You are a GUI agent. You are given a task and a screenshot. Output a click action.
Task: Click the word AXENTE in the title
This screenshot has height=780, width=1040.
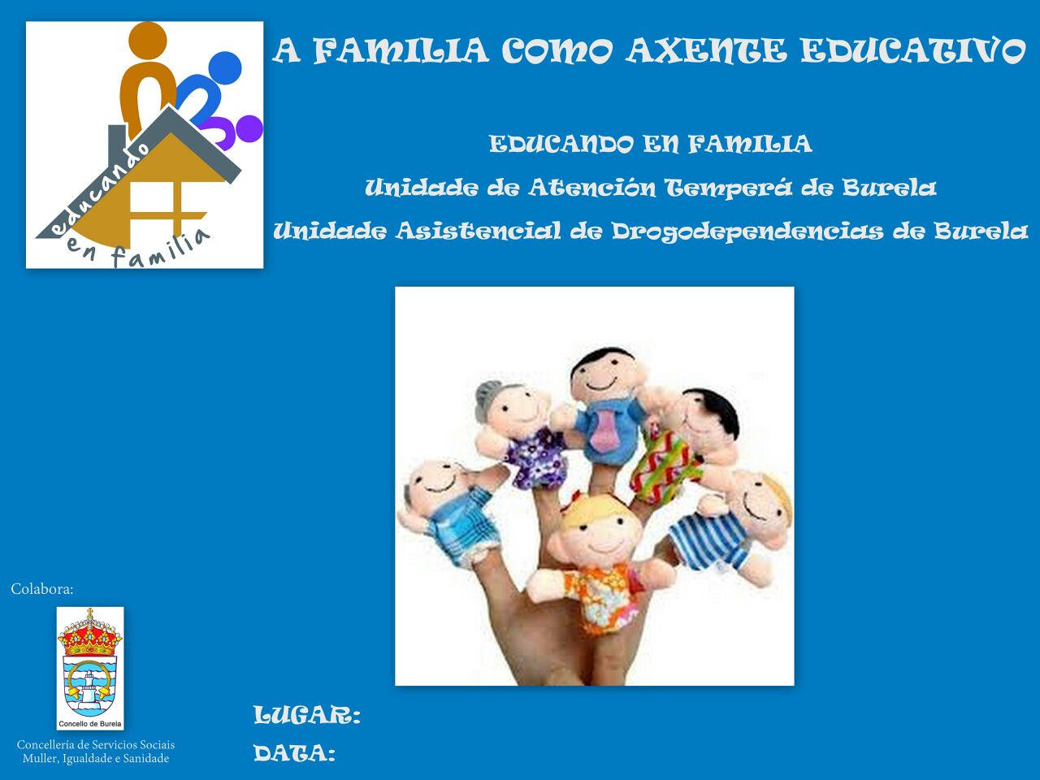pos(707,50)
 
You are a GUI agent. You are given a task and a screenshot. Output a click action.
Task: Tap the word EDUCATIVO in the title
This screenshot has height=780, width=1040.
pos(913,50)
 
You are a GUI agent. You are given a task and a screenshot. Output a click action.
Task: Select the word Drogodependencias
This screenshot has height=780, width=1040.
pos(747,232)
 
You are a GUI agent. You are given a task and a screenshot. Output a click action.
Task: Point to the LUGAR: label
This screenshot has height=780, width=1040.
pos(307,715)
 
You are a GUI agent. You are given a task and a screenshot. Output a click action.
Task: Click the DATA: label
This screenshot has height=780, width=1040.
pos(294,753)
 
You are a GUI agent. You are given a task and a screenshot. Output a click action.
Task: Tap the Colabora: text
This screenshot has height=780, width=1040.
pos(42,589)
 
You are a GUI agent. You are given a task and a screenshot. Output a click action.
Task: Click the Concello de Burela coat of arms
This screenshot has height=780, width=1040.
pos(89,662)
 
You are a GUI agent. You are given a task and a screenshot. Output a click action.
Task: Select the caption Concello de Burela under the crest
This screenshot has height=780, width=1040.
pos(90,724)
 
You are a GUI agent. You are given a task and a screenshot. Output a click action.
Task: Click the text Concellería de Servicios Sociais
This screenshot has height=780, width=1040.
pos(96,744)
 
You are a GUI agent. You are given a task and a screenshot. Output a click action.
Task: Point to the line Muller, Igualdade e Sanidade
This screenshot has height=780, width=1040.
pos(96,759)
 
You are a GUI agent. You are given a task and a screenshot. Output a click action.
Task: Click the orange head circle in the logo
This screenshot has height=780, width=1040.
pos(148,41)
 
